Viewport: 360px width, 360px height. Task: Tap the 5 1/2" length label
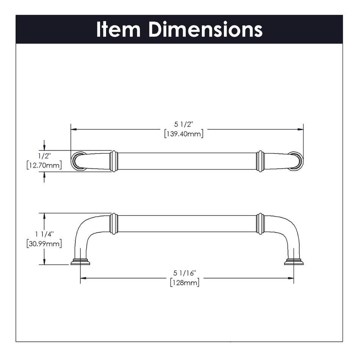pyautogui.click(x=183, y=124)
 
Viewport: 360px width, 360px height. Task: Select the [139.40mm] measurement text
pyautogui.click(x=184, y=134)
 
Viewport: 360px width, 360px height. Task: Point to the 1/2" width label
pyautogui.click(x=44, y=155)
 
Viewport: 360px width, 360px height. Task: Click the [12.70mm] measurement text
pyautogui.click(x=44, y=166)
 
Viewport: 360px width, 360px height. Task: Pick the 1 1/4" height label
pyautogui.click(x=44, y=234)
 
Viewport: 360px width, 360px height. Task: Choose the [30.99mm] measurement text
pyautogui.click(x=44, y=244)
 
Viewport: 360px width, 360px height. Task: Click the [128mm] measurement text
pyautogui.click(x=185, y=283)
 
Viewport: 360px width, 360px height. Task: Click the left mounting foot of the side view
pyautogui.click(x=80, y=262)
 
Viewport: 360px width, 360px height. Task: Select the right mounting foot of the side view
pyautogui.click(x=294, y=262)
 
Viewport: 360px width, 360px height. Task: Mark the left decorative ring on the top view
pyautogui.click(x=113, y=161)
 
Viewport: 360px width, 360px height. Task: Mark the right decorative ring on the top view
pyautogui.click(x=260, y=161)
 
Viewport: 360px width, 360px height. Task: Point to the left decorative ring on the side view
pyautogui.click(x=113, y=224)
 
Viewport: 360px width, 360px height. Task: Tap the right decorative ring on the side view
pyautogui.click(x=260, y=224)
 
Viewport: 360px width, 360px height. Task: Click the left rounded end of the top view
pyautogui.click(x=78, y=161)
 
